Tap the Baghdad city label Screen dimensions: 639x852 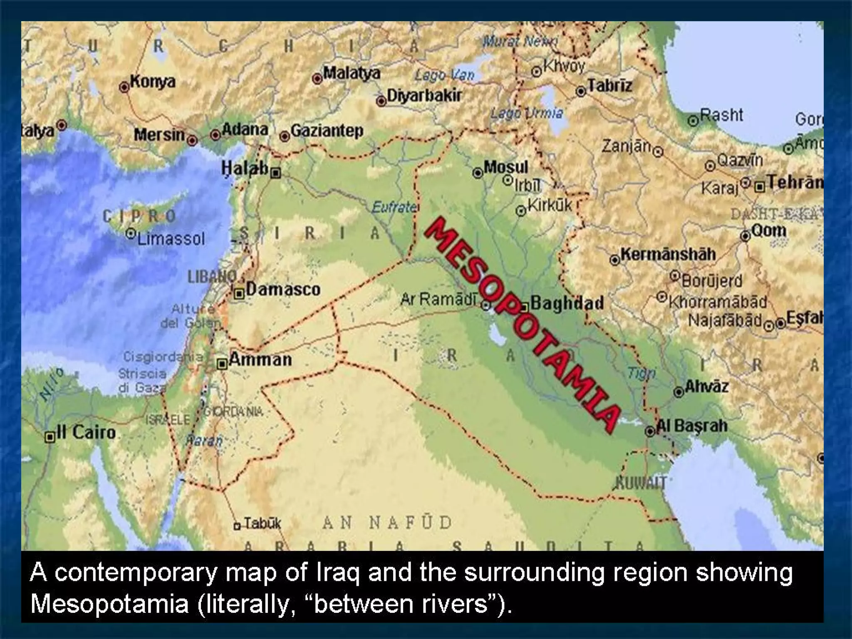[x=567, y=303]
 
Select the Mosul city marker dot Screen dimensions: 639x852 [x=478, y=173]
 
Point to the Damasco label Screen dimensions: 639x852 [x=283, y=289]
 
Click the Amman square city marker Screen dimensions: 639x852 [x=222, y=364]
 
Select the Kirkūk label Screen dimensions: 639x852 [x=550, y=205]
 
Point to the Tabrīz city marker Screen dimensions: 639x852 [x=581, y=92]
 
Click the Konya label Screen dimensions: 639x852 [x=153, y=81]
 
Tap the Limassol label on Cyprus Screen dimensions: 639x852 [x=171, y=239]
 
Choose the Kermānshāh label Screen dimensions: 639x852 [x=668, y=254]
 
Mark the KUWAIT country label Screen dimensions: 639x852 [x=641, y=483]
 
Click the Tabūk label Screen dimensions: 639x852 [x=262, y=523]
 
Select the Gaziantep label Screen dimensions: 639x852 [x=327, y=131]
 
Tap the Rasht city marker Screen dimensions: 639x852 [x=693, y=121]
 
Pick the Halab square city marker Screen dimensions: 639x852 [x=275, y=173]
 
